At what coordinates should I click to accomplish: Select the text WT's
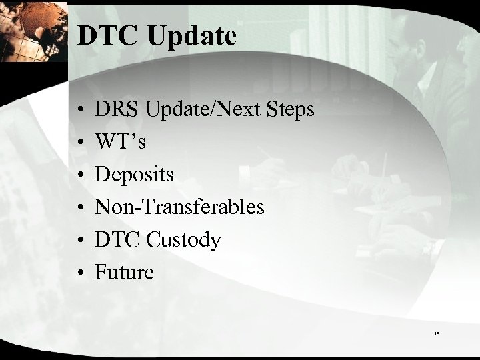pyautogui.click(x=120, y=142)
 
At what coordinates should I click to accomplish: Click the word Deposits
pyautogui.click(x=135, y=175)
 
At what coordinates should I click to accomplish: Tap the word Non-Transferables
pyautogui.click(x=180, y=207)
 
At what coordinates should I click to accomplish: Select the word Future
pyautogui.click(x=125, y=272)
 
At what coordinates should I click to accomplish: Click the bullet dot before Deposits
pyautogui.click(x=79, y=175)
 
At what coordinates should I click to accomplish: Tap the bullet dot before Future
pyautogui.click(x=79, y=273)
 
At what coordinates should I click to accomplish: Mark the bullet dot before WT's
pyautogui.click(x=79, y=143)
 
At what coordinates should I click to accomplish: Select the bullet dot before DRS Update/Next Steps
pyautogui.click(x=79, y=110)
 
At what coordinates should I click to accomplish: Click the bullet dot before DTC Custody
pyautogui.click(x=79, y=240)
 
